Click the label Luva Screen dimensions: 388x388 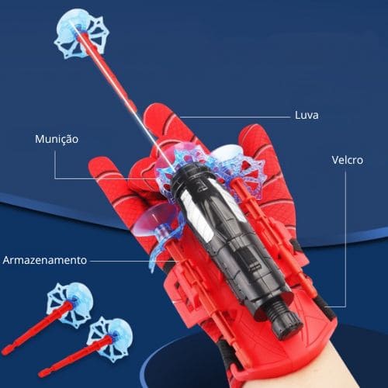point(307,115)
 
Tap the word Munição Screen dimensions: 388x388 point(57,139)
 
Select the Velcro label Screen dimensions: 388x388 point(348,160)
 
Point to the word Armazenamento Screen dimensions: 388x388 point(45,260)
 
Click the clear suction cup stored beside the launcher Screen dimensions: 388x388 point(155,217)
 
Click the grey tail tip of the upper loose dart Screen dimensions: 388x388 point(6,351)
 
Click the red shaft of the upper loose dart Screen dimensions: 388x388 point(39,327)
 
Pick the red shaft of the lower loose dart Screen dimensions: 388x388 point(76,355)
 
